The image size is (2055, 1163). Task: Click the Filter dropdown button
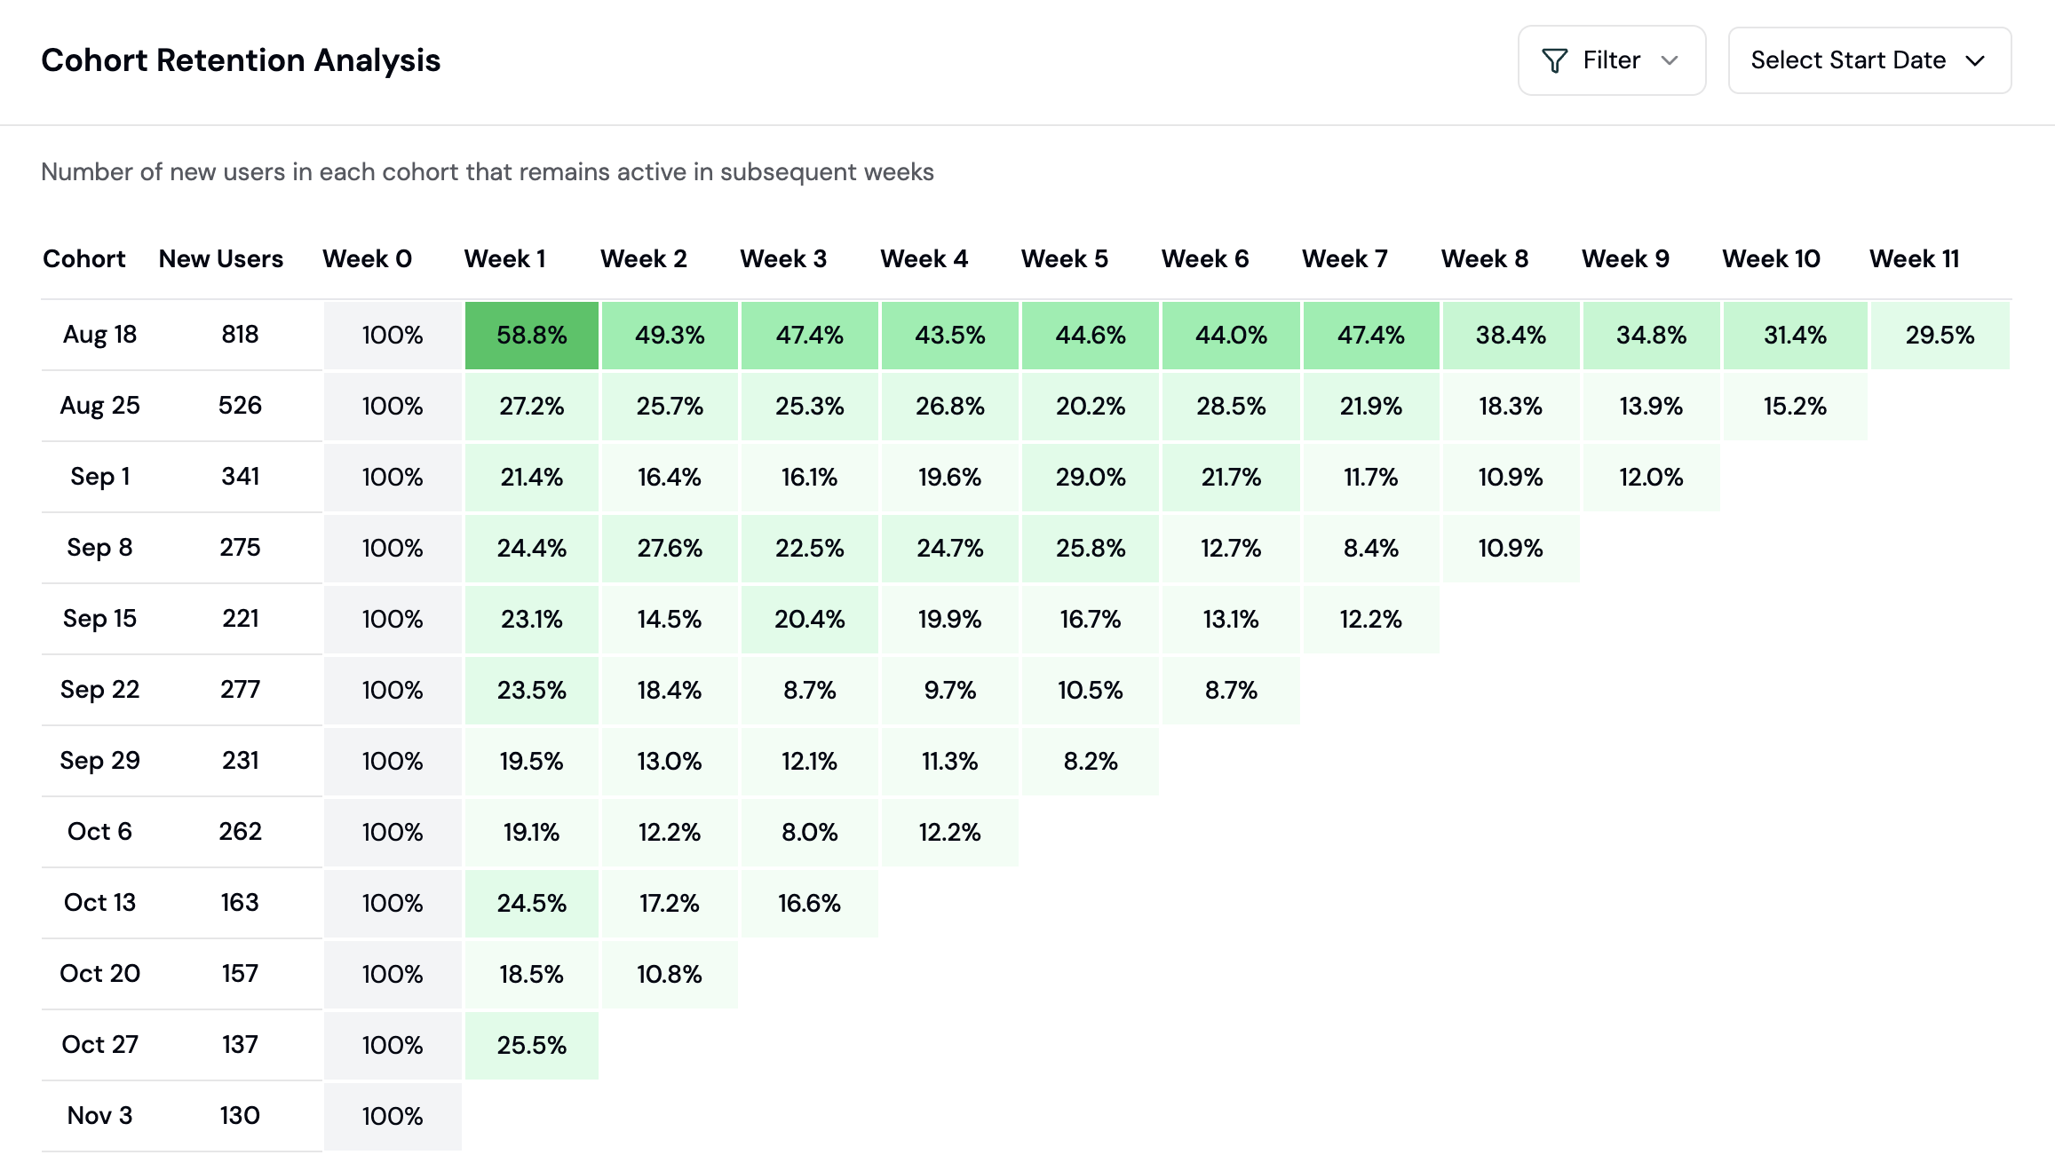click(1611, 60)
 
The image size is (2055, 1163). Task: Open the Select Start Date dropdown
click(1869, 60)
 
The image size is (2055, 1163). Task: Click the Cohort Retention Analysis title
click(241, 60)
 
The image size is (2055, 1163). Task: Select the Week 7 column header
click(1345, 258)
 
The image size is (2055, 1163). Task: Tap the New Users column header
click(221, 258)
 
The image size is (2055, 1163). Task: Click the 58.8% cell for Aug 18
click(531, 335)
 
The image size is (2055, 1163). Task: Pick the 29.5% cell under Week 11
click(1940, 335)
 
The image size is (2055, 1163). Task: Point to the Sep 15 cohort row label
click(99, 618)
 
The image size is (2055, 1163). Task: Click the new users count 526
click(240, 406)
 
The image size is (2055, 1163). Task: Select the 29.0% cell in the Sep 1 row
click(1091, 477)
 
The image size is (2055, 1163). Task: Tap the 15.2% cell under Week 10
click(1795, 406)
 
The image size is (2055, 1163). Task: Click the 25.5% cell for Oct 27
click(531, 1045)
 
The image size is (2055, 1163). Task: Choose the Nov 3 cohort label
click(99, 1115)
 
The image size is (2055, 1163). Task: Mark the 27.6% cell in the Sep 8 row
click(670, 548)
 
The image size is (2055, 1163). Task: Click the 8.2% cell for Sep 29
click(1091, 761)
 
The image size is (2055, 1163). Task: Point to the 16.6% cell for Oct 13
click(809, 903)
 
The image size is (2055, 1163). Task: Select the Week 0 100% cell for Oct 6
click(393, 832)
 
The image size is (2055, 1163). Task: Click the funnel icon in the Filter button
click(1554, 60)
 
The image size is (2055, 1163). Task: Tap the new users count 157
click(240, 973)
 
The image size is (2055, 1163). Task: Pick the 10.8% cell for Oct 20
click(670, 974)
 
